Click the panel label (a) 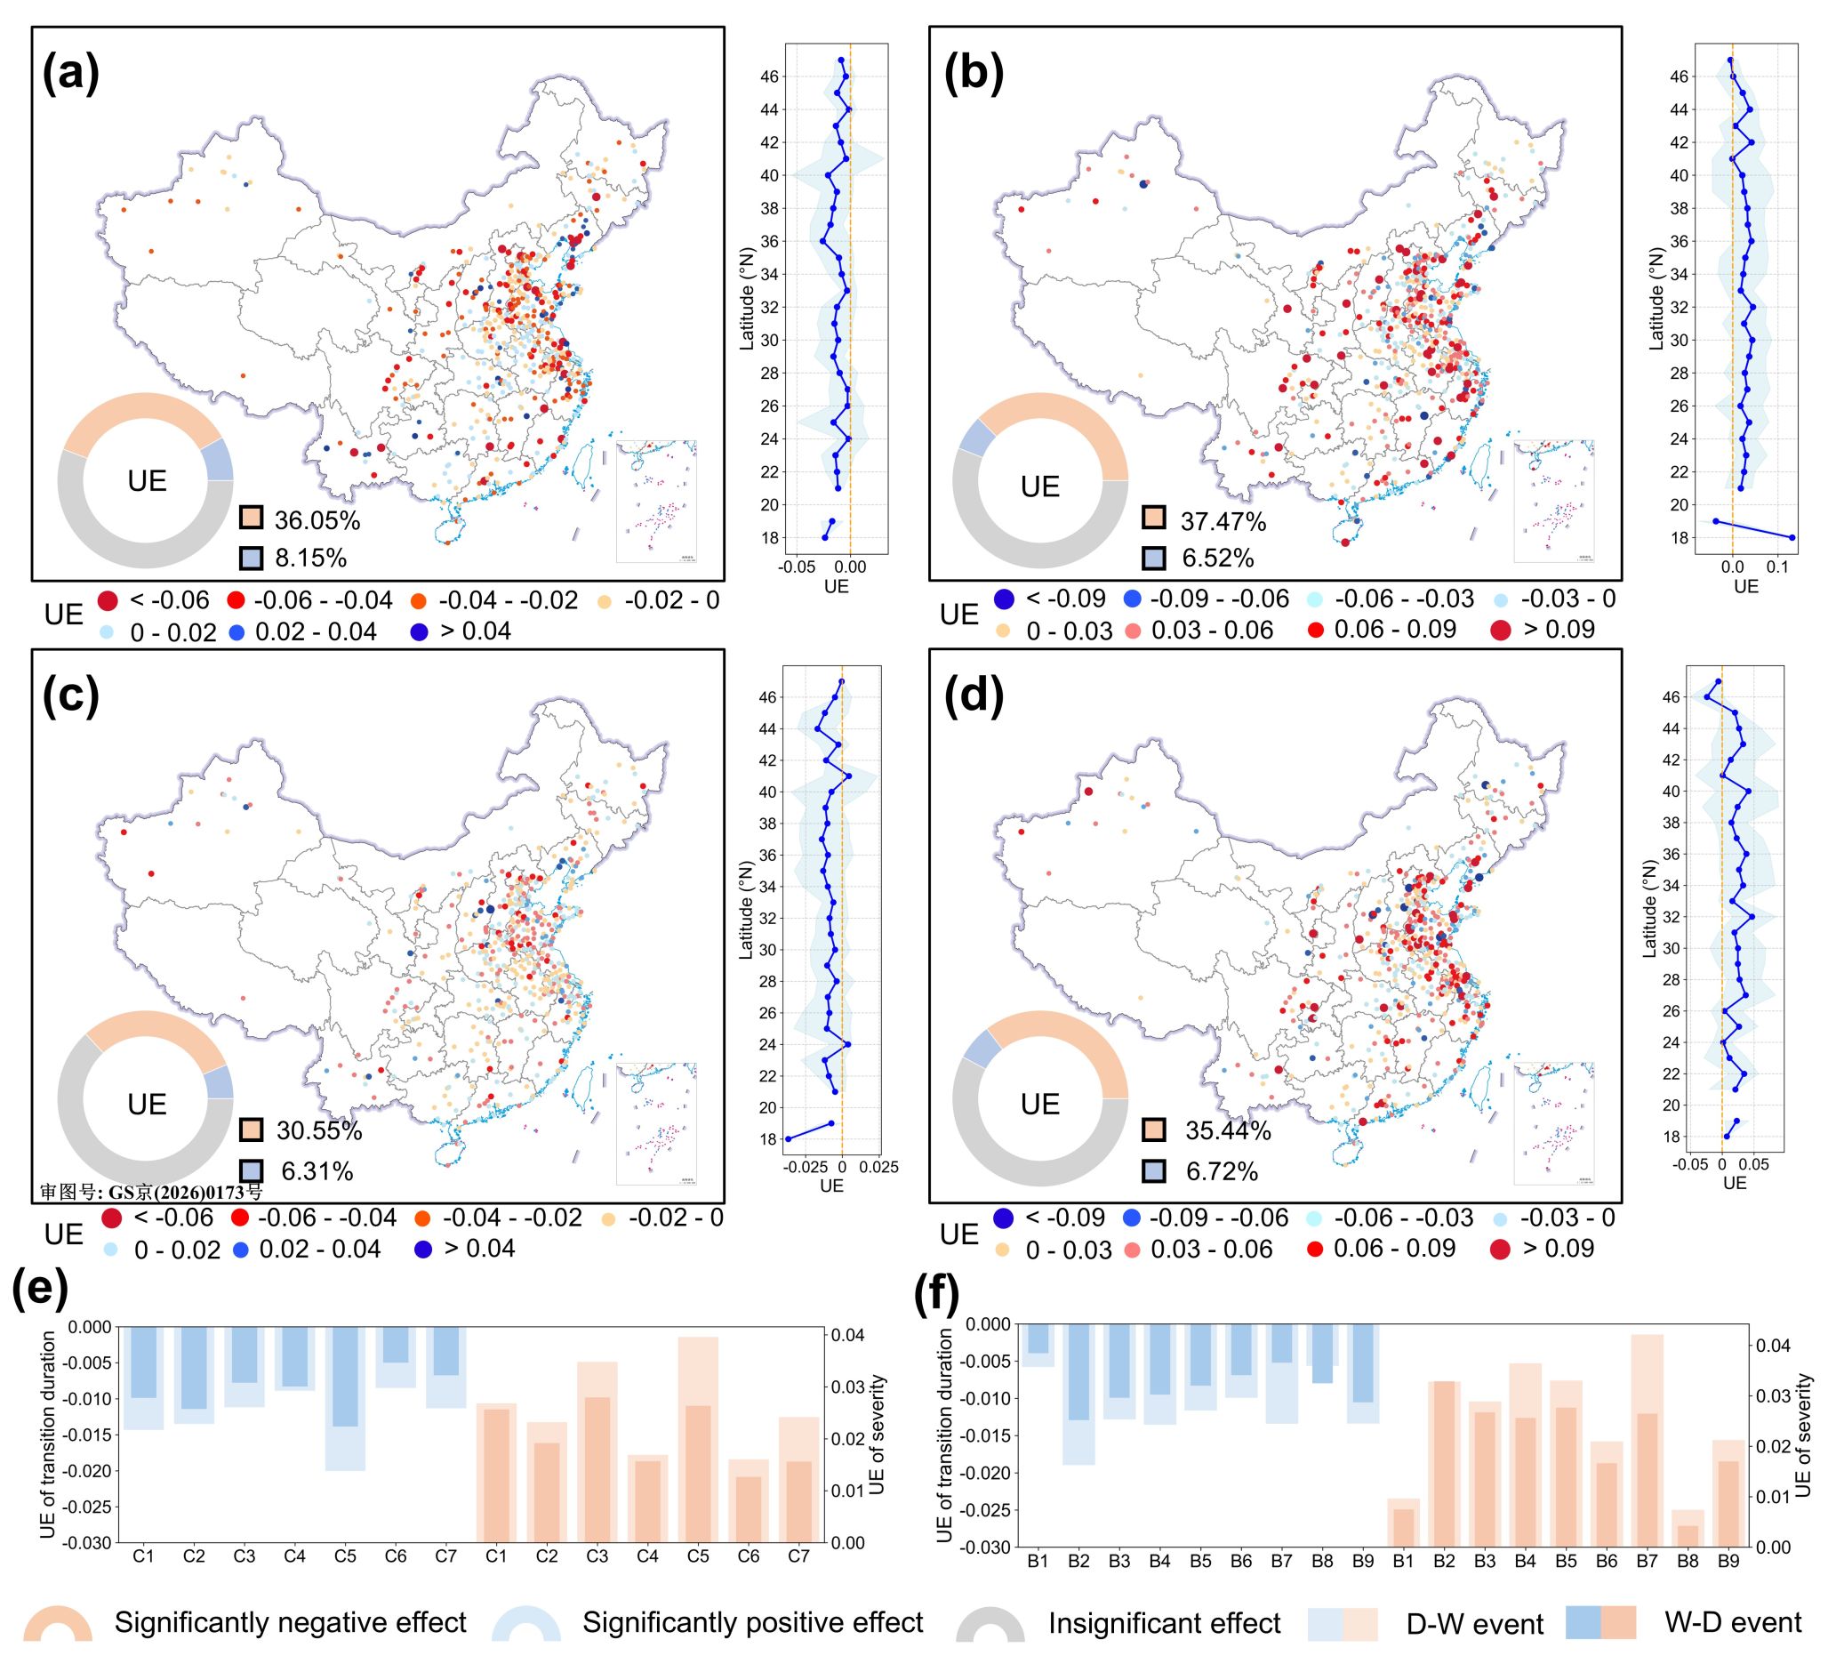click(x=70, y=73)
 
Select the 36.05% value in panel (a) click(x=317, y=520)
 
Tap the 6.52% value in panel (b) click(x=1217, y=559)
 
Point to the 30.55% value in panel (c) click(x=319, y=1131)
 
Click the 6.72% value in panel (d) click(x=1222, y=1171)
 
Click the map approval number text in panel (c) click(x=151, y=1192)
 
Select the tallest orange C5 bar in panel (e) click(x=697, y=1440)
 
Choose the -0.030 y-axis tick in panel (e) click(x=87, y=1543)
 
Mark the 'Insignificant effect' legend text click(x=1164, y=1622)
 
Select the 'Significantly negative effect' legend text click(x=290, y=1621)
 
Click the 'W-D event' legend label click(x=1732, y=1621)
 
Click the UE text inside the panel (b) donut click(x=1040, y=487)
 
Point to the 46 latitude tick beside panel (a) click(x=769, y=77)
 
